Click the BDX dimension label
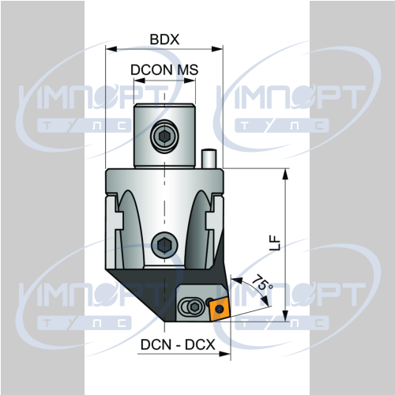pyautogui.click(x=164, y=39)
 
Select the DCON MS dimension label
pyautogui.click(x=164, y=70)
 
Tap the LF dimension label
pyautogui.click(x=276, y=243)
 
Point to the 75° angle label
pyautogui.click(x=261, y=283)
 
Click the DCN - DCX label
pyautogui.click(x=178, y=344)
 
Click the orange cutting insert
pyautogui.click(x=220, y=308)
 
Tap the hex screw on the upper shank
pyautogui.click(x=164, y=135)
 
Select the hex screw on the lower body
pyautogui.click(x=164, y=245)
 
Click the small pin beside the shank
pyautogui.click(x=209, y=159)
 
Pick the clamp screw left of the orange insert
pyautogui.click(x=194, y=307)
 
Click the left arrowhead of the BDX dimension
pyautogui.click(x=111, y=49)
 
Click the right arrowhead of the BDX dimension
pyautogui.click(x=217, y=49)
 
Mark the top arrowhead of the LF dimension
pyautogui.click(x=285, y=174)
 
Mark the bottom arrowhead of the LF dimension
pyautogui.click(x=285, y=316)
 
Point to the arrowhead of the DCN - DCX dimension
pyautogui.click(x=225, y=354)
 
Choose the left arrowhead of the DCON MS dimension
pyautogui.click(x=139, y=81)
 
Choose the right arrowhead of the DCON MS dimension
pyautogui.click(x=190, y=81)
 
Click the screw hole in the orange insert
pyautogui.click(x=219, y=309)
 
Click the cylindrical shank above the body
pyautogui.click(x=164, y=135)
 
